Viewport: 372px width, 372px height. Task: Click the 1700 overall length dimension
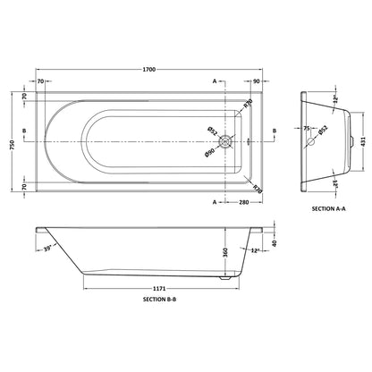[149, 70]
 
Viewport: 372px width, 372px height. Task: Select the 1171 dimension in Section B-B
[159, 289]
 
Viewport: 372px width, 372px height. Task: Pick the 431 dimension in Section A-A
[363, 141]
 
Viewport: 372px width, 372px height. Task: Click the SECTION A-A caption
[329, 208]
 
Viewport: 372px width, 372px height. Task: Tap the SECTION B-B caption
[160, 300]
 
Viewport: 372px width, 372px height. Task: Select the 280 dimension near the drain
[244, 202]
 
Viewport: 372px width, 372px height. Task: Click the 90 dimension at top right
[256, 81]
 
